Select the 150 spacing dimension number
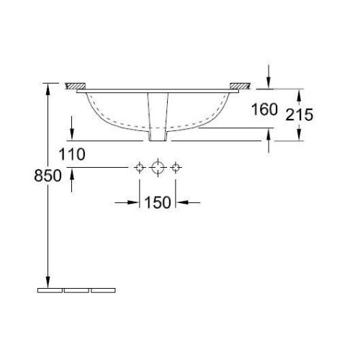[158, 202]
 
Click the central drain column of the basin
[158, 115]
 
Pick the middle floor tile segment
[76, 292]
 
